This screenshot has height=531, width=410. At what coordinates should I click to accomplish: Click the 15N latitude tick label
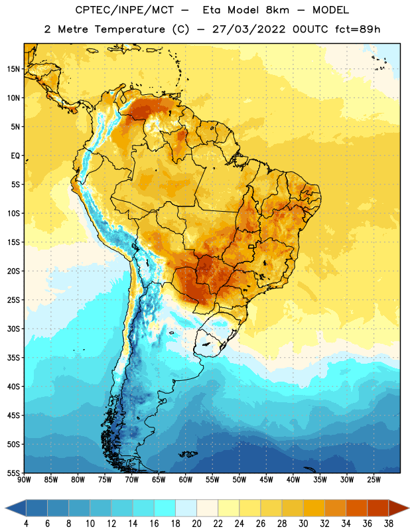click(x=13, y=69)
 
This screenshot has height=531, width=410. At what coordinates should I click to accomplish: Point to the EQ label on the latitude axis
click(x=15, y=156)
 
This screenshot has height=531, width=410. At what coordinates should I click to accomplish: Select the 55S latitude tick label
click(x=13, y=473)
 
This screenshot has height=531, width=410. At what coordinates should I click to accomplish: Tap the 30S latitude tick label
click(x=13, y=329)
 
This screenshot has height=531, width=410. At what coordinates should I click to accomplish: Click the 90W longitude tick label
click(x=24, y=480)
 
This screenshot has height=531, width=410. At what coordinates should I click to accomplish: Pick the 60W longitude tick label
click(x=186, y=480)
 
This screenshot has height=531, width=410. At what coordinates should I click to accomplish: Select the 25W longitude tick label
click(x=374, y=480)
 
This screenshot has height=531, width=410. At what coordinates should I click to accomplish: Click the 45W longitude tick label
click(x=266, y=480)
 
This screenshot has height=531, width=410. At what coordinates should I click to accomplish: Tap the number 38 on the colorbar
click(x=388, y=524)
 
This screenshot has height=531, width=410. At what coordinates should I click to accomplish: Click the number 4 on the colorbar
click(x=26, y=524)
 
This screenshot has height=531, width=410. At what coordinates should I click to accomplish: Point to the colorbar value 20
click(x=196, y=524)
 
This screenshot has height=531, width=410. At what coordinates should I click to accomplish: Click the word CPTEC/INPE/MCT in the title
click(x=124, y=10)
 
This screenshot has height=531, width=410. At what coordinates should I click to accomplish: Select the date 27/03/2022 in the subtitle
click(x=249, y=29)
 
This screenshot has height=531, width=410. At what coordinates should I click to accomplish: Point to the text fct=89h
click(x=358, y=29)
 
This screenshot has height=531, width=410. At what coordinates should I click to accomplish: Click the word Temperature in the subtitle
click(x=129, y=30)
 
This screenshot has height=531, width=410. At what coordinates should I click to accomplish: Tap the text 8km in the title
click(x=277, y=10)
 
